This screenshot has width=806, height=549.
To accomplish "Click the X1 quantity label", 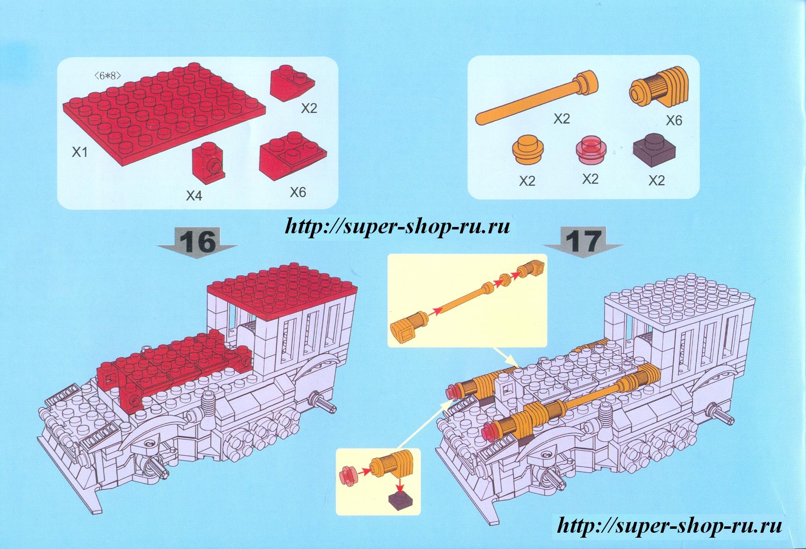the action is tap(79, 153).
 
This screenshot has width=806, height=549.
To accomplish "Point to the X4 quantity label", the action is tap(193, 196).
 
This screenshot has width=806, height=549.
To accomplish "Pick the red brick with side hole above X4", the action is tap(206, 161).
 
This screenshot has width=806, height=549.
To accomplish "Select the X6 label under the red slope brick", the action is tap(298, 192).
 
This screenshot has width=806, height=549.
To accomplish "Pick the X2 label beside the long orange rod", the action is tap(561, 119).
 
